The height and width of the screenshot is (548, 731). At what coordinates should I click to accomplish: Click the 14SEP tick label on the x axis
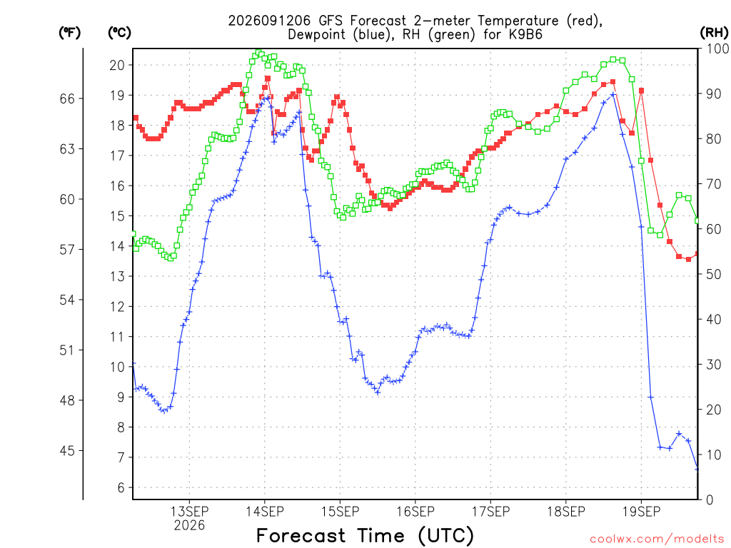[x=265, y=512]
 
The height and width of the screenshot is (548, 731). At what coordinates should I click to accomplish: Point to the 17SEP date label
[x=490, y=512]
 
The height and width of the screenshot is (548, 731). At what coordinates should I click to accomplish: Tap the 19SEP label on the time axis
[x=641, y=512]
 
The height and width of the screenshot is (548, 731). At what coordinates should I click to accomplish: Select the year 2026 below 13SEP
[x=189, y=526]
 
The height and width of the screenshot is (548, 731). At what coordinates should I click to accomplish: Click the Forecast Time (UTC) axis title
[x=365, y=536]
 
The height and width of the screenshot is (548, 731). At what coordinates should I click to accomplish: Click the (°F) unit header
[x=69, y=33]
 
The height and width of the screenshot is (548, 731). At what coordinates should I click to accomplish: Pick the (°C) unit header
[x=119, y=33]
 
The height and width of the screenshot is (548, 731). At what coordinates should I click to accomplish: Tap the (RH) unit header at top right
[x=714, y=33]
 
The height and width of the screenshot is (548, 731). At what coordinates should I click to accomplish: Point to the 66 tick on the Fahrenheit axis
[x=67, y=98]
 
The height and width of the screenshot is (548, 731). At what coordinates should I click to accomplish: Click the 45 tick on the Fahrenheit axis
[x=67, y=451]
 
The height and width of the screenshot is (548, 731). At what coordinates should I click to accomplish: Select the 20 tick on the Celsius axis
[x=118, y=65]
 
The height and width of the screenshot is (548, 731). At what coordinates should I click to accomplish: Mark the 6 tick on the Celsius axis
[x=121, y=488]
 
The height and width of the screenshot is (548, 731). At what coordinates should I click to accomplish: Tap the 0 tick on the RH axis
[x=710, y=500]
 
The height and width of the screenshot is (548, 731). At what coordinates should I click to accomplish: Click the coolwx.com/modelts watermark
[x=657, y=539]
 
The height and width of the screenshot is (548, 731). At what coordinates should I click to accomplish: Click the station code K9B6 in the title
[x=525, y=35]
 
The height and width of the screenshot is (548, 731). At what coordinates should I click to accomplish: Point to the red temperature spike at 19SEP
[x=642, y=91]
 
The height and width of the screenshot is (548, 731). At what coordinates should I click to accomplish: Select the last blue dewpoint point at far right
[x=697, y=469]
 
